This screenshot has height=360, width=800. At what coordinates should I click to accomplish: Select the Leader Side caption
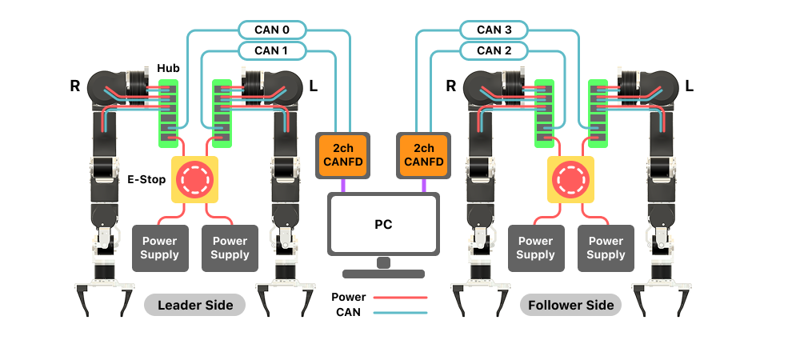coord(195,305)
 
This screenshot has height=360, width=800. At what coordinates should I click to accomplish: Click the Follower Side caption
coord(570,305)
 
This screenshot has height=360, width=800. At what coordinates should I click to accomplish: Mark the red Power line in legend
coord(400,297)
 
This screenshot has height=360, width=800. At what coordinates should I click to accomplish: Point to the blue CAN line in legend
coord(400,312)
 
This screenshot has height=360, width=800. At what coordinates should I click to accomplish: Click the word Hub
coord(168,69)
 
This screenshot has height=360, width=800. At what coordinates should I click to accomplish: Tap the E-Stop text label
coord(146,180)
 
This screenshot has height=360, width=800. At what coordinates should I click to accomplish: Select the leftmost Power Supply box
coord(160,248)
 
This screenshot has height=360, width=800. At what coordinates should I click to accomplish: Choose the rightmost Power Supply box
coord(606,248)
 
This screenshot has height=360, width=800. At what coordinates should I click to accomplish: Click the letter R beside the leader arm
coord(75,85)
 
